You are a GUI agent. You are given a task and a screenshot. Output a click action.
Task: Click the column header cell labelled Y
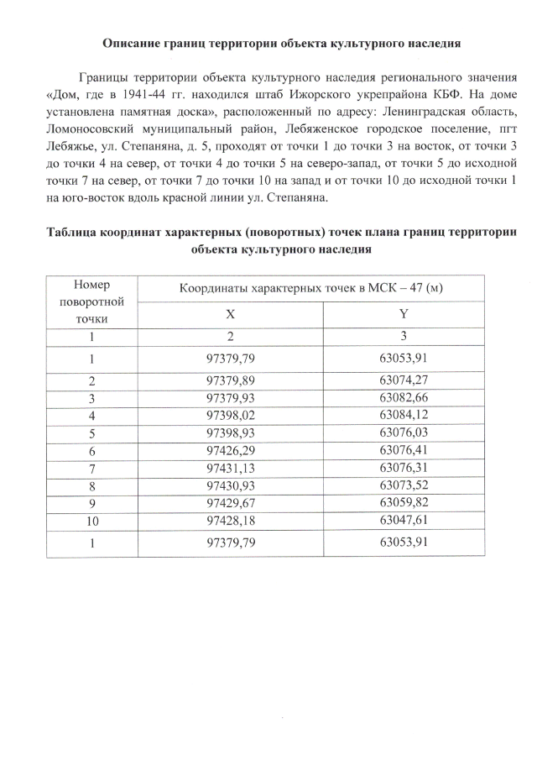click(404, 313)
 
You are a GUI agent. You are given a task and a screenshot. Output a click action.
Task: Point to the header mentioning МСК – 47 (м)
click(310, 289)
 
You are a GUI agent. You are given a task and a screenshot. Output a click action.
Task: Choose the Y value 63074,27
click(404, 380)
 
